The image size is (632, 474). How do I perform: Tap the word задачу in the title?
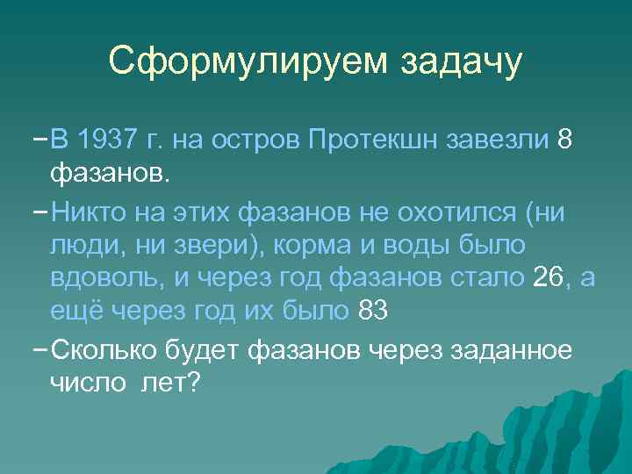(462, 61)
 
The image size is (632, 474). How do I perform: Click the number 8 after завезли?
(566, 140)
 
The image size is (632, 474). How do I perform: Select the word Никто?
(90, 212)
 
